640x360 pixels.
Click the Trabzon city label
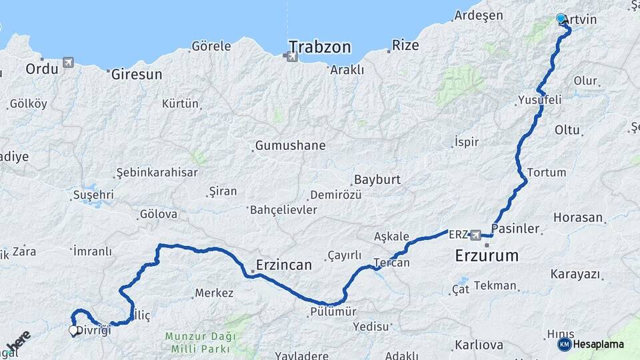pos(319,47)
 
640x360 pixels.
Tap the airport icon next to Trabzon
pos(291,57)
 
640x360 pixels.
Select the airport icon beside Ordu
pos(68,63)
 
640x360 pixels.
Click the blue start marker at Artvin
pos(561,19)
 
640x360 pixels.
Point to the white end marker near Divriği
pos(73,329)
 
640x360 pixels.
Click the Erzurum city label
pos(487,255)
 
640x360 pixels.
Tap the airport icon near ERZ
pos(475,235)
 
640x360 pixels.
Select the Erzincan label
pos(283,265)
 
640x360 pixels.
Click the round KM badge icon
pos(564,344)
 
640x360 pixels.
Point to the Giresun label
pos(137,75)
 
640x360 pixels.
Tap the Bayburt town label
pos(377,179)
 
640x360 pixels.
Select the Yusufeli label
pos(539,100)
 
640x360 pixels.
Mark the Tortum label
pos(546,172)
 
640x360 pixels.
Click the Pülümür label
pos(333,311)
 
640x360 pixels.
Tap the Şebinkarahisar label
pos(157,172)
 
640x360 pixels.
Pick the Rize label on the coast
pos(405,45)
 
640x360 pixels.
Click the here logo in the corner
pos(18,341)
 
